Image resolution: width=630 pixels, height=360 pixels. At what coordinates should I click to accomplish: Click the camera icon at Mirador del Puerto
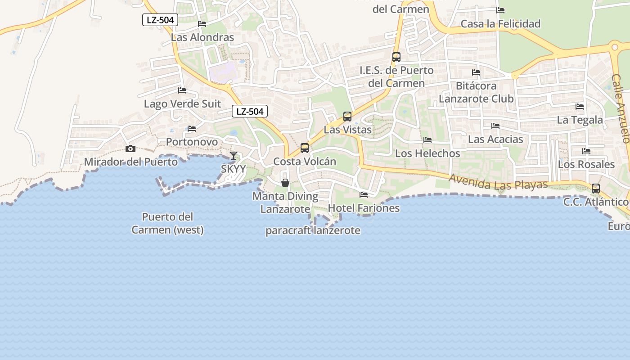130,149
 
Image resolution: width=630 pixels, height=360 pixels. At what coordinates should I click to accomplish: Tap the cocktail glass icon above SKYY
233,156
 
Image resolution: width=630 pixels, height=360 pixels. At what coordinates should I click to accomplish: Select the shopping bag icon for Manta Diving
285,183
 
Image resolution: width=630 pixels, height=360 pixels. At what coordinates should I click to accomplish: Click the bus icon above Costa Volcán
305,148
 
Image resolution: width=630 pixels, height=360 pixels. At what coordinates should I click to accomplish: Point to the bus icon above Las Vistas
347,117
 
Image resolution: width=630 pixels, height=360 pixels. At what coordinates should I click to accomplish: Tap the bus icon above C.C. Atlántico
596,189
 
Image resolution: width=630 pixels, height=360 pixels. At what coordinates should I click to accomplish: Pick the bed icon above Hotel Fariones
364,195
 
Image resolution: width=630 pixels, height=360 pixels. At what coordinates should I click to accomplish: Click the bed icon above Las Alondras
202,24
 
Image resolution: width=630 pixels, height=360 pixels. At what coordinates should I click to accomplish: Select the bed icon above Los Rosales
586,151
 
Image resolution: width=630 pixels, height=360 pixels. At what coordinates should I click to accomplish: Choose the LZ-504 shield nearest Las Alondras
160,20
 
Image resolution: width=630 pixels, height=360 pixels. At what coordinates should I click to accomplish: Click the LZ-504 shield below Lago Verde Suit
250,111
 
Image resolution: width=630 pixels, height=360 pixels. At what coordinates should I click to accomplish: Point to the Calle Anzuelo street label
621,108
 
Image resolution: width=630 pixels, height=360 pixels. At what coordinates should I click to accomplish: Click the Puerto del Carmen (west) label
167,223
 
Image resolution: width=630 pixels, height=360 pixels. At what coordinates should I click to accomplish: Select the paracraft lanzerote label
313,231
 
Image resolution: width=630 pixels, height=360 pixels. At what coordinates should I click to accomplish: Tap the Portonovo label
192,142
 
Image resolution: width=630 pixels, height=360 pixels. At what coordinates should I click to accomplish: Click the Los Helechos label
427,153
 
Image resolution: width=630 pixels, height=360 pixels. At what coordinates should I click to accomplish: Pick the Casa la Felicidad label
500,24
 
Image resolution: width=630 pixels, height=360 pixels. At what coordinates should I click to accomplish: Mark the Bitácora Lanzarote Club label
476,92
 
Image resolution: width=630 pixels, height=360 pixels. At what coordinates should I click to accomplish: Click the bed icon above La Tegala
580,107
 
